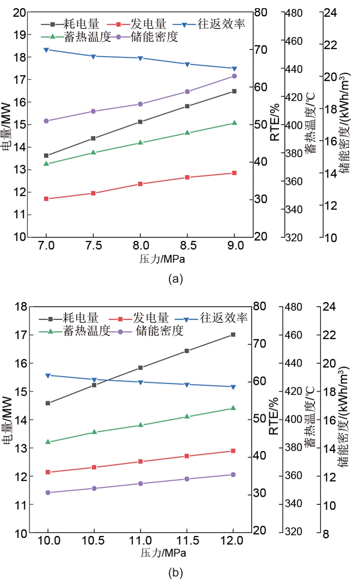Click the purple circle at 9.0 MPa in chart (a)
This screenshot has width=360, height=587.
pos(234,76)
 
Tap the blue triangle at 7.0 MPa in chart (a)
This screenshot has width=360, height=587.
pos(46,50)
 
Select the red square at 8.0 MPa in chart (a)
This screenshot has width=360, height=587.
pos(140,184)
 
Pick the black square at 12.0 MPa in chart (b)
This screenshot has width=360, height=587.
pos(233,334)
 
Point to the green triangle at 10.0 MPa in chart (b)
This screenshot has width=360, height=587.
pos(48,442)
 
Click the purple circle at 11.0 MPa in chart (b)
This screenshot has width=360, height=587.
pos(140,483)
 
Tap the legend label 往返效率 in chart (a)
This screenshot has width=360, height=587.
pos(221,24)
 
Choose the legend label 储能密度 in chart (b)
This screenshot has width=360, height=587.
pos(160,331)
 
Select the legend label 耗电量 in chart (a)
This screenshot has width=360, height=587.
pos(82,24)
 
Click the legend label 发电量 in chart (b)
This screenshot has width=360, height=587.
pos(151,318)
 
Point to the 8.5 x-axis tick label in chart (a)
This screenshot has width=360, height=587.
pos(188,246)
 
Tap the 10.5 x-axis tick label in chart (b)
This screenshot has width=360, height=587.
pos(93,541)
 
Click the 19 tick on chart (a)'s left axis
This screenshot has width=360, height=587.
pos(20,35)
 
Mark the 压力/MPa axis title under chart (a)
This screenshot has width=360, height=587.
pos(162,259)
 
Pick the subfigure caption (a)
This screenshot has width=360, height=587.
pos(176,279)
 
